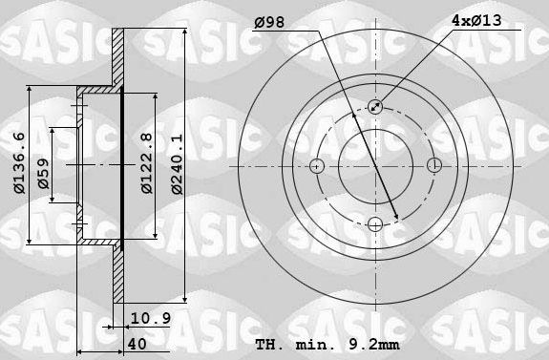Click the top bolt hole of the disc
pyautogui.click(x=374, y=107)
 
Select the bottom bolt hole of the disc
pyautogui.click(x=374, y=224)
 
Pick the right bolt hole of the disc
pyautogui.click(x=433, y=165)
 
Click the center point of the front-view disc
pyautogui.click(x=374, y=165)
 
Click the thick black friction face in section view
pyautogui.click(x=124, y=164)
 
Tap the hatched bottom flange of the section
pyautogui.click(x=118, y=272)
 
